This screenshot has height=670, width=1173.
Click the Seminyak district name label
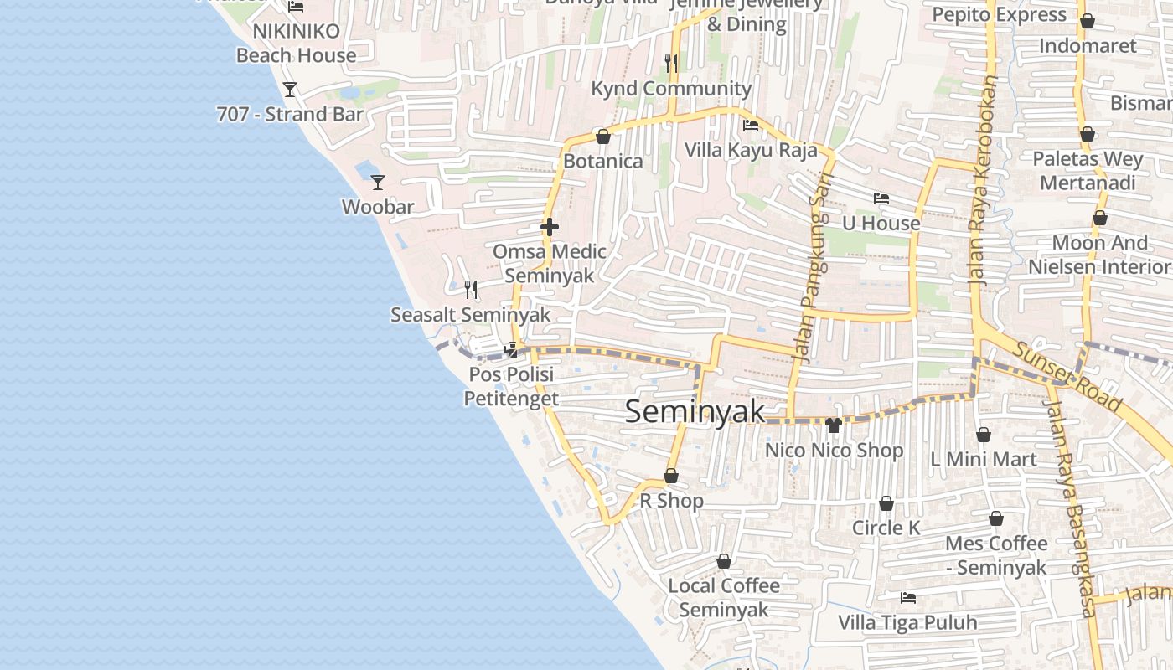[x=695, y=411]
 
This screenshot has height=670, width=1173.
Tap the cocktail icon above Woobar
[x=378, y=181]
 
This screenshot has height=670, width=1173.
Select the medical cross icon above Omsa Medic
[x=550, y=227]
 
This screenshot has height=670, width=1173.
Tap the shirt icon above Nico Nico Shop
[x=833, y=425]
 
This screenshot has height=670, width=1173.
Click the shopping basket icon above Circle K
[x=886, y=503]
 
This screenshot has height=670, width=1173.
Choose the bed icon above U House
[x=881, y=198]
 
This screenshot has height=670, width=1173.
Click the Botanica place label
[x=603, y=161]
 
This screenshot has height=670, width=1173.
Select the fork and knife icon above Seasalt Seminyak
[x=471, y=290]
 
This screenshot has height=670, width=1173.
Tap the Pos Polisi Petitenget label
[x=511, y=386]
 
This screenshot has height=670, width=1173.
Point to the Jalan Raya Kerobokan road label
[x=985, y=183]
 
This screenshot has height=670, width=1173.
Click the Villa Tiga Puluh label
[x=907, y=623]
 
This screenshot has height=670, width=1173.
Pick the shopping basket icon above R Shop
[x=671, y=476]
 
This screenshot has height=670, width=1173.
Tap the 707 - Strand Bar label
[x=290, y=114]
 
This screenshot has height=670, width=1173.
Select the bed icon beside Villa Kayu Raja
[x=751, y=126]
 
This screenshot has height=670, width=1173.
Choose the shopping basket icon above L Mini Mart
[x=984, y=435]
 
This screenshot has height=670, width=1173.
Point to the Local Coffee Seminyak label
[x=724, y=597]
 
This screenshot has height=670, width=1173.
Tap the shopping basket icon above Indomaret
[x=1087, y=21]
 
